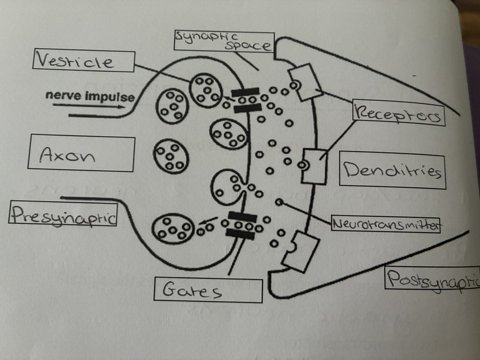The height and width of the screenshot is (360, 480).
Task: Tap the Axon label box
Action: [x=81, y=154]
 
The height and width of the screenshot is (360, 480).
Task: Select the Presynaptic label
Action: [x=62, y=214]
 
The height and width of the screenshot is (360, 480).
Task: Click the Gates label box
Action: [x=208, y=291]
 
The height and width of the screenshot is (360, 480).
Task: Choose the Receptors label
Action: [x=398, y=115]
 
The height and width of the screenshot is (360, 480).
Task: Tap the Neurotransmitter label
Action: [x=385, y=225]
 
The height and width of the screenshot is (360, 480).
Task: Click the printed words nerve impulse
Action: [x=90, y=97]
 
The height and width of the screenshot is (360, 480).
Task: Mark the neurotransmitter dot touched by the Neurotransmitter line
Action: [x=279, y=202]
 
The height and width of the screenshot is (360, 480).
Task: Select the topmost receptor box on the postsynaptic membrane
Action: [x=303, y=83]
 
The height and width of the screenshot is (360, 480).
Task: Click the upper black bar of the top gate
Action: [x=245, y=92]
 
